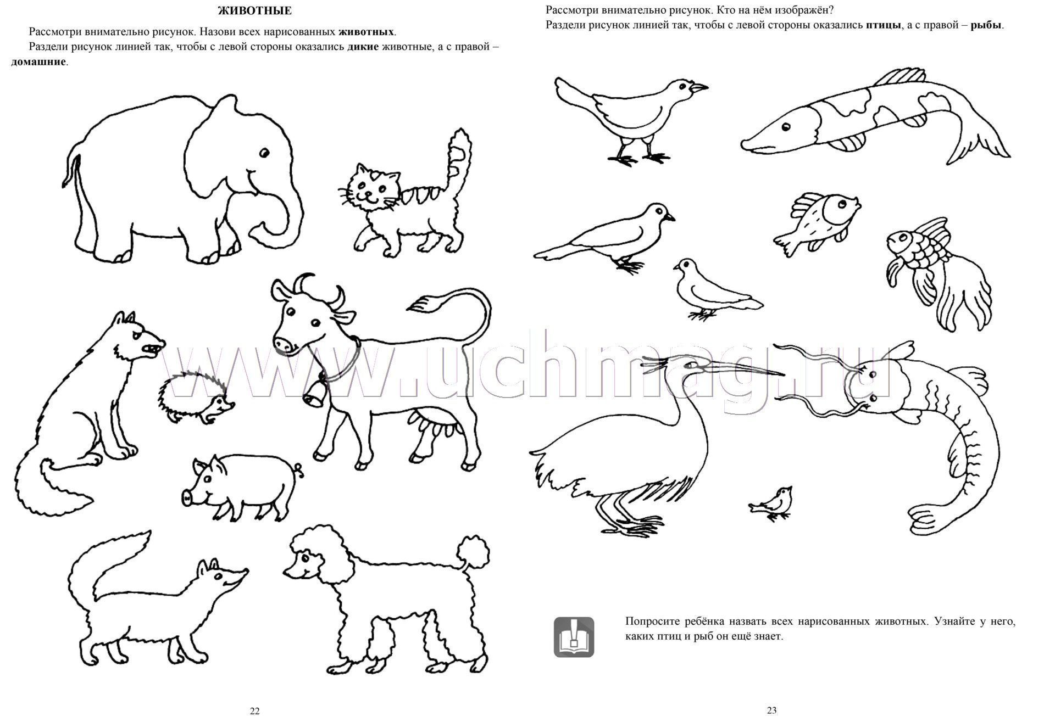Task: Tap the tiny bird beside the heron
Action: click(x=770, y=502)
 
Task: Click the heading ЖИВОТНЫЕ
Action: click(x=254, y=10)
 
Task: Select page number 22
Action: click(x=254, y=710)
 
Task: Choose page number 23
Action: click(x=771, y=710)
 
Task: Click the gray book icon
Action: click(x=574, y=637)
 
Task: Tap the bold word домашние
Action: click(x=38, y=61)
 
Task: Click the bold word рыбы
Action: click(x=986, y=25)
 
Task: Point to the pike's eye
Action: click(x=786, y=127)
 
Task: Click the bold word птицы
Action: click(x=883, y=25)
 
